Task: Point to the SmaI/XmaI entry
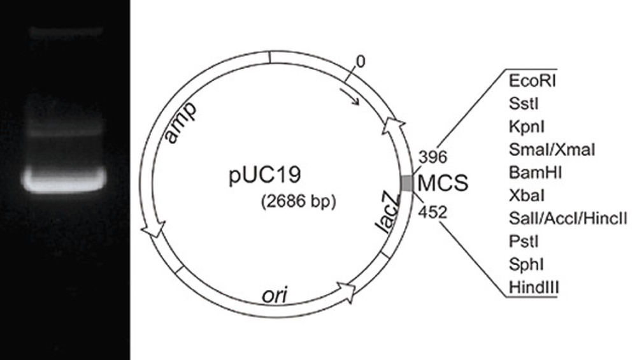552,150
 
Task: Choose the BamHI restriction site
531,173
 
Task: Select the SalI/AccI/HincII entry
568,219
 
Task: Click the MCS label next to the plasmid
442,184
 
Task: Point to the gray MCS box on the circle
406,183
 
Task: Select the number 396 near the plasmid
433,157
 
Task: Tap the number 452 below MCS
433,211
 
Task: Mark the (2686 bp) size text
297,203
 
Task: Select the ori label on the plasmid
278,294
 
